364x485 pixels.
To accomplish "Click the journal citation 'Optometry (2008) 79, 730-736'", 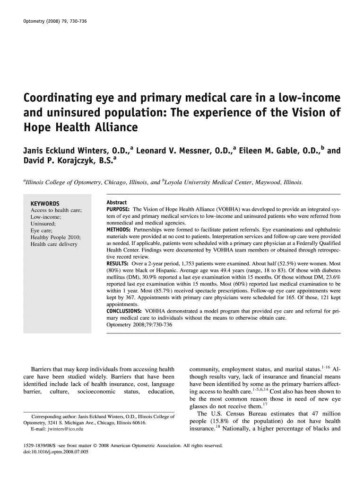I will click(x=55, y=22).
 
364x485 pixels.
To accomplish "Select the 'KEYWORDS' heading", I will click(x=45, y=204).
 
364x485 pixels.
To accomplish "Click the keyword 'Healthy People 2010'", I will click(x=56, y=237).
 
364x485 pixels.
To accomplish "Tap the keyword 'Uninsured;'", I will click(x=43, y=223).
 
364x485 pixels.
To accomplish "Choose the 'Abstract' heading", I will click(x=117, y=202).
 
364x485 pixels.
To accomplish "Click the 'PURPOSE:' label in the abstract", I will click(x=119, y=209).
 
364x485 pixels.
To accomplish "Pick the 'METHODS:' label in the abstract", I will click(x=120, y=230).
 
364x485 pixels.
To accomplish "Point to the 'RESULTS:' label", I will click(x=118, y=263).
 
